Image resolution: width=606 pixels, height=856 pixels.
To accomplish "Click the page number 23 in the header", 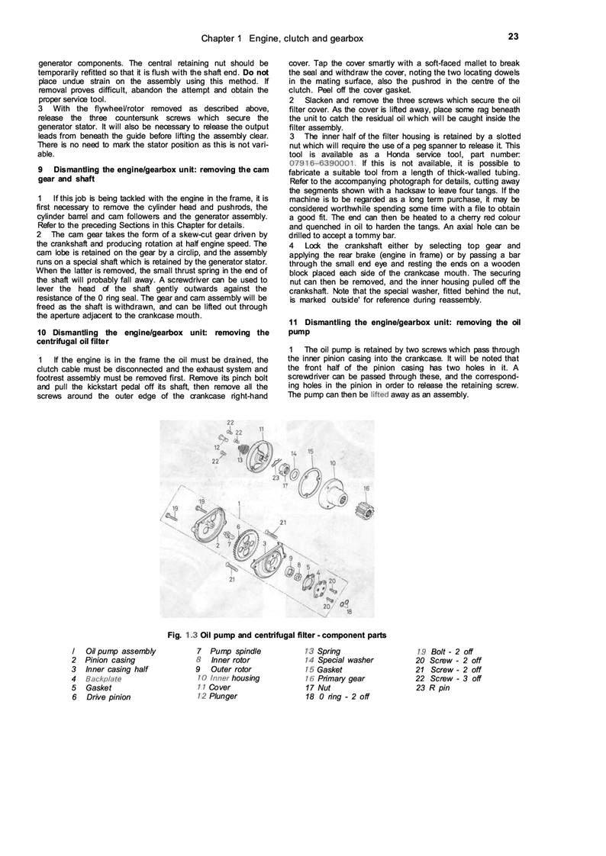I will point(512,36).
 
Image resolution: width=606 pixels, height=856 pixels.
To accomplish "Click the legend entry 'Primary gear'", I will point(340,678).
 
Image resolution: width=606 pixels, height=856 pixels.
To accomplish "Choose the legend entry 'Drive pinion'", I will point(108,697).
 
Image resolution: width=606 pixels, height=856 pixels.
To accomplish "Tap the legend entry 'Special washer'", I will point(345,660).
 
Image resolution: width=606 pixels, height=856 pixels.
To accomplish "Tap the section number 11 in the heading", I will point(293,323).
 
